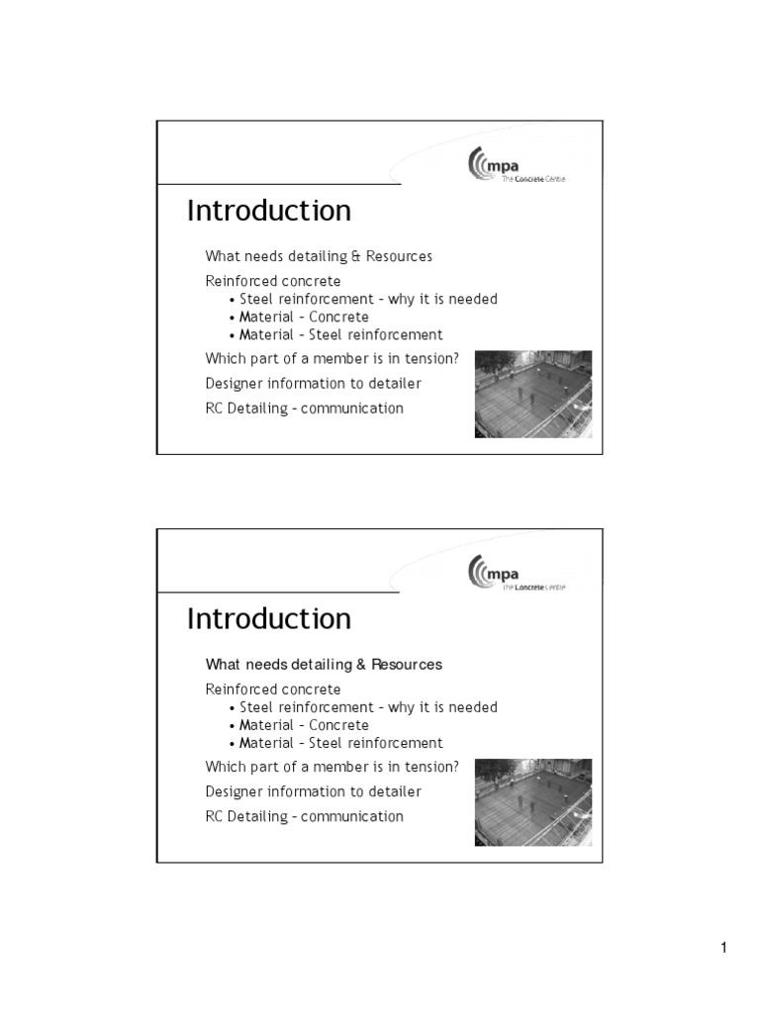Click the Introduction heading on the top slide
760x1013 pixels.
coord(269,211)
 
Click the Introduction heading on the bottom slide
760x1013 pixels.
coord(269,618)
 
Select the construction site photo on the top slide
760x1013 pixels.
coord(533,394)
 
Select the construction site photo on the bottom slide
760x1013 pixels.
coord(533,801)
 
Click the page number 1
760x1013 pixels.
coord(723,949)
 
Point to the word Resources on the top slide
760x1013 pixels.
coord(399,256)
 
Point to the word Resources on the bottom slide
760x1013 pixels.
coord(407,664)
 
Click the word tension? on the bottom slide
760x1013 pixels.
coord(431,767)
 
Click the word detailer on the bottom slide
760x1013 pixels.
coord(395,791)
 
